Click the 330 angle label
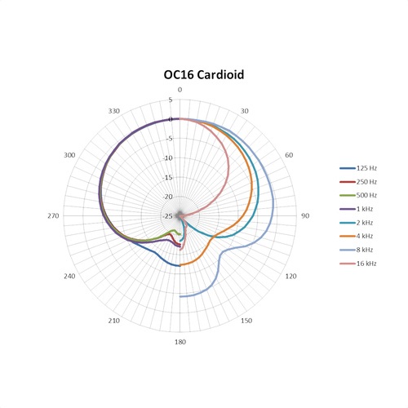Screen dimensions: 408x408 click(x=113, y=111)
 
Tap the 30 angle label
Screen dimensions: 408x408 click(x=246, y=111)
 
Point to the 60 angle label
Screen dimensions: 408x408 click(x=288, y=155)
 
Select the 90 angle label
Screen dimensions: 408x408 click(x=305, y=215)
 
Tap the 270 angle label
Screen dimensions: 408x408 click(x=54, y=215)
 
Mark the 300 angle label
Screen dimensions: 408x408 click(x=69, y=155)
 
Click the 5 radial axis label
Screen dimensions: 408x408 click(x=171, y=100)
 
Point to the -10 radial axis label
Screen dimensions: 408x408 click(x=168, y=158)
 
